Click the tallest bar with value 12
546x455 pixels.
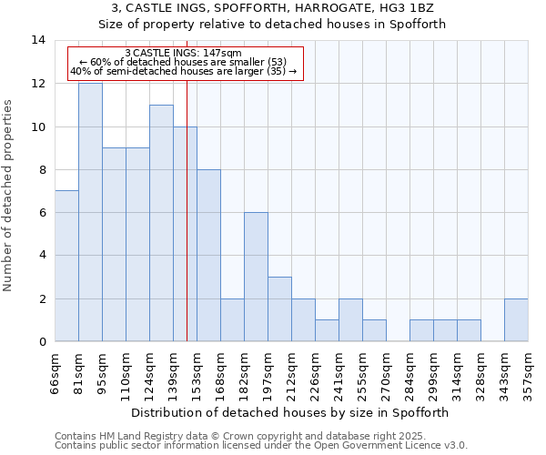pos(90,212)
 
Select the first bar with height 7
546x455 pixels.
pos(66,266)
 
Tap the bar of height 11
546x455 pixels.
pos(161,223)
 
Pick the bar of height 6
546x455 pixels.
pos(256,277)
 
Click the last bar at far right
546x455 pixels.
pos(516,319)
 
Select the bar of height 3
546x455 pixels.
pos(279,308)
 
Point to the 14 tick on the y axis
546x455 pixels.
pos(38,41)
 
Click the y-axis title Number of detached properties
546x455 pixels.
pos(9,196)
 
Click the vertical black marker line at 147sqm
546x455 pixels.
pos(187,227)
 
